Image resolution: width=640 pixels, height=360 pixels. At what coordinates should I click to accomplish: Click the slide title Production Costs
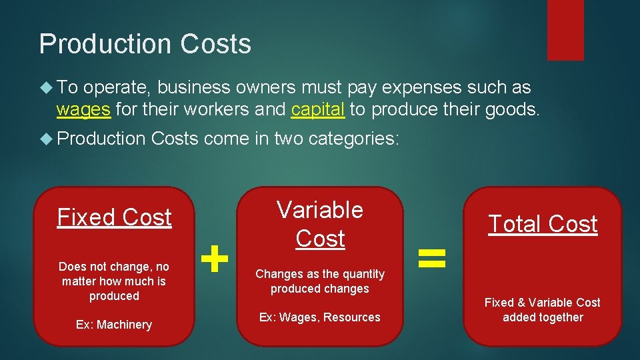145,44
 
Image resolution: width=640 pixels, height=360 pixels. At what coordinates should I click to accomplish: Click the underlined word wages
83,109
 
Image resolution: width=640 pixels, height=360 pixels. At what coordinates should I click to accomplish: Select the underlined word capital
318,109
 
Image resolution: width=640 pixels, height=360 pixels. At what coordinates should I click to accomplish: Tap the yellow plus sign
215,259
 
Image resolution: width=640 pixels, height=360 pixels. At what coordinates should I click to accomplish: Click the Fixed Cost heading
114,217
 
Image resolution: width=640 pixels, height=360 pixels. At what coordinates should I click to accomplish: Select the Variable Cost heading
320,224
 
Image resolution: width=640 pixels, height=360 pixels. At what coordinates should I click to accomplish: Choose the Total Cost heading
543,224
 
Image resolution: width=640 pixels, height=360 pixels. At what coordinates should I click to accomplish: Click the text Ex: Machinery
114,325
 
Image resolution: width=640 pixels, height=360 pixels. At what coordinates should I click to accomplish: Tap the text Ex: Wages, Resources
320,317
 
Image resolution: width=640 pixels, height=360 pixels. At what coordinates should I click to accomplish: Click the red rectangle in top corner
565,29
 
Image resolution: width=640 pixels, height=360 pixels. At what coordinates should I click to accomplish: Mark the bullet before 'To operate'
47,87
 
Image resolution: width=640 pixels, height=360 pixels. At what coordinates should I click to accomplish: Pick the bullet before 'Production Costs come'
47,138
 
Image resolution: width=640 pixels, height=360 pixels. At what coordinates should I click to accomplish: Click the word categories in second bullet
363,138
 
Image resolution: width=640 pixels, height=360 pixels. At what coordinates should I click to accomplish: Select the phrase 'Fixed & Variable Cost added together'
543,310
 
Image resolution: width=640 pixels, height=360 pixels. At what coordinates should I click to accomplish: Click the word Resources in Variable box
351,317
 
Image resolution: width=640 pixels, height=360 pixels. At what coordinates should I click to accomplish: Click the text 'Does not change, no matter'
114,273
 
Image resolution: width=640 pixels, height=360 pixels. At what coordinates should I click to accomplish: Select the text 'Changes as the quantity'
320,274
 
